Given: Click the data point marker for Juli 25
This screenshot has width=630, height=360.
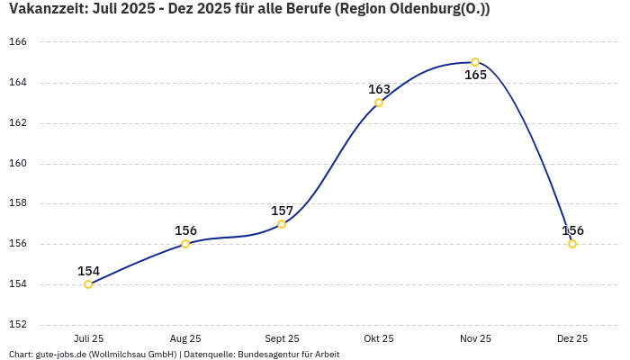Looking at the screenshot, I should point(88,284).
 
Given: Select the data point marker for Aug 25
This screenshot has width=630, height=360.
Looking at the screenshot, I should point(185,244).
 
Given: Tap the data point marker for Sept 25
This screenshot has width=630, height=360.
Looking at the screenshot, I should point(282,224).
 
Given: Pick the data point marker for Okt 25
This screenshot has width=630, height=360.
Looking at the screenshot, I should point(379,103).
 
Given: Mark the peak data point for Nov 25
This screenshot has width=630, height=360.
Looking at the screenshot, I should point(475,62).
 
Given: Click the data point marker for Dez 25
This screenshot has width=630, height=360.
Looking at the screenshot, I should point(572,244).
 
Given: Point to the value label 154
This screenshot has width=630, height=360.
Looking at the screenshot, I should point(88,271).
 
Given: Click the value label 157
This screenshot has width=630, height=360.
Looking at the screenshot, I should point(282,211).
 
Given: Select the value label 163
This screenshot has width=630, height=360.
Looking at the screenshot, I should point(379,89).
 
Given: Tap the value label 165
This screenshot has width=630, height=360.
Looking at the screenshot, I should point(475,76).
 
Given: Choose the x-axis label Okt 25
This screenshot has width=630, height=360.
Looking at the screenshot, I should point(379,338).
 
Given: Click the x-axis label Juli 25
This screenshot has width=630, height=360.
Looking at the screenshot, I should point(88,338).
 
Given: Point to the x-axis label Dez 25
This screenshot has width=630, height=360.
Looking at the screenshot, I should point(572,338).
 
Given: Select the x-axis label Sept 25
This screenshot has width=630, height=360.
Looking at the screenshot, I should point(282,338).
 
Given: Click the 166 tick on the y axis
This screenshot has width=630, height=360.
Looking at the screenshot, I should point(18,42).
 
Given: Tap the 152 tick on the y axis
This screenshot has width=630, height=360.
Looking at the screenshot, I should point(18,324).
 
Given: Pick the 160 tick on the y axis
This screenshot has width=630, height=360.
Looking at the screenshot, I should point(18,163).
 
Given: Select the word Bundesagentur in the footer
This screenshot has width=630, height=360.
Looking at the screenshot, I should point(267,355).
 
